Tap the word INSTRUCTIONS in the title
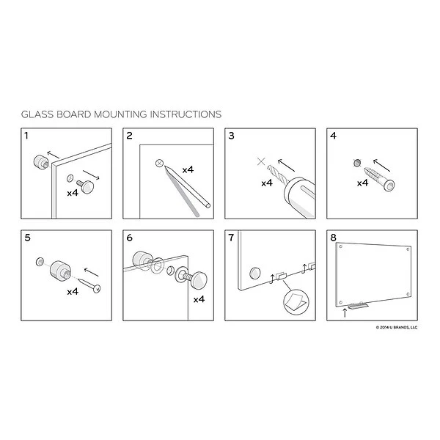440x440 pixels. click(186, 114)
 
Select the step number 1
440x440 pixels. click(26, 136)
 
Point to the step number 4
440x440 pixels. click(333, 136)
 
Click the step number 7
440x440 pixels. click(231, 238)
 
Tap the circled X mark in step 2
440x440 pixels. click(159, 163)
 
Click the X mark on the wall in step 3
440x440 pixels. click(261, 161)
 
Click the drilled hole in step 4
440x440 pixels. click(357, 163)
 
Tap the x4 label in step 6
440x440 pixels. click(199, 299)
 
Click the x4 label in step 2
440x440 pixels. click(188, 170)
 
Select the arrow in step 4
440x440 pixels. click(381, 165)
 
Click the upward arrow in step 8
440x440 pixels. click(345, 312)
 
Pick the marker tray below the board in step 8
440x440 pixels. click(358, 306)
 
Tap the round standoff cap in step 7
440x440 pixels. click(255, 274)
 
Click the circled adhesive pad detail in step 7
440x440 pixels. click(296, 302)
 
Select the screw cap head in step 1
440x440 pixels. click(87, 186)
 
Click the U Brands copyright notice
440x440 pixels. click(397, 327)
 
